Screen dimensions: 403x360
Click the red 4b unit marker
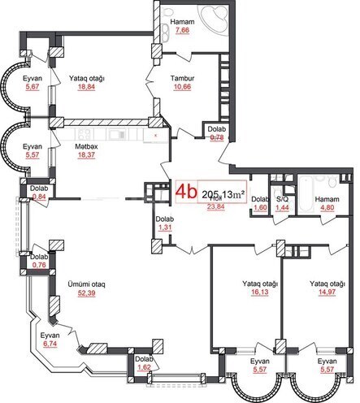pos(187,192)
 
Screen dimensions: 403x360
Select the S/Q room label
pos(282,198)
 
